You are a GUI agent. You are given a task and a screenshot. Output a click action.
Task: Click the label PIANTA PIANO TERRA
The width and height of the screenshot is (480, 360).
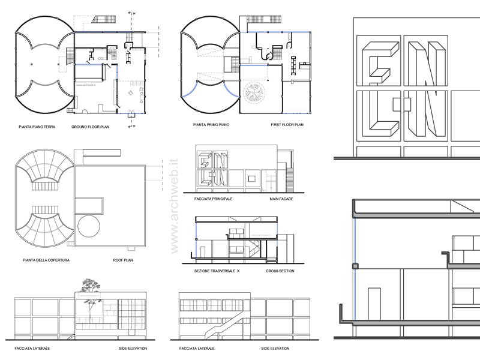coord(37,127)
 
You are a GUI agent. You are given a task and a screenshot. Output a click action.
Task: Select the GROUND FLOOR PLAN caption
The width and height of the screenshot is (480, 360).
coord(91,127)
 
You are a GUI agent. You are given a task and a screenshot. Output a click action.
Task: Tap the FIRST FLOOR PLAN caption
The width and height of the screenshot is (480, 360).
coord(287,124)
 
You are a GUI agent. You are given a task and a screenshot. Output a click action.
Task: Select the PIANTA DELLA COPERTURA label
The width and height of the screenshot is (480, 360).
coord(46,260)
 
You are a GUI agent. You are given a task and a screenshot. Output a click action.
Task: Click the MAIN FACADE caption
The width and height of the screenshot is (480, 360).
coord(281,198)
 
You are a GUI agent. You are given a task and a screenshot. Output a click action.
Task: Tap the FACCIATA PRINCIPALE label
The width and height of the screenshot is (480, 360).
coord(214,198)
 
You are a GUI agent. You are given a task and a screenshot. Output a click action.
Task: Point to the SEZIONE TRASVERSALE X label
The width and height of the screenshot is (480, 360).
coord(217,271)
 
